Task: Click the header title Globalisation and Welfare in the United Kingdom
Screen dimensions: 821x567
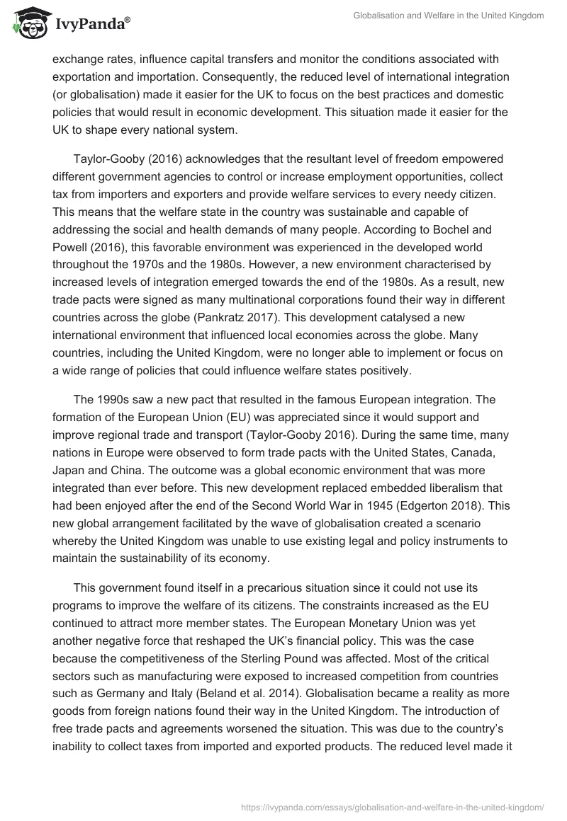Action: (x=449, y=16)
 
